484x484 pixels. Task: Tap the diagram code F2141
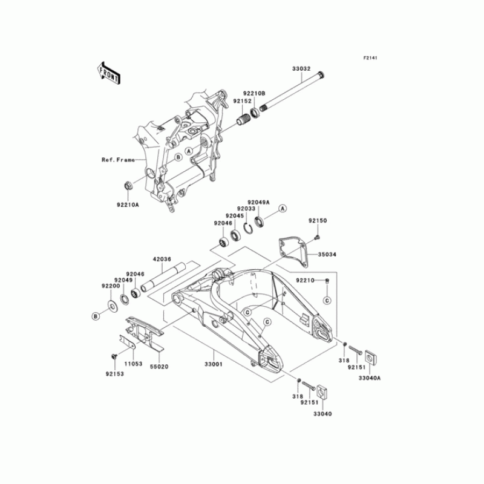370,58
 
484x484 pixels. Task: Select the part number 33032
301,70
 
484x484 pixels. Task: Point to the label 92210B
255,94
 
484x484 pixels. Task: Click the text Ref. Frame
117,160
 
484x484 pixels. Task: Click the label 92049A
258,203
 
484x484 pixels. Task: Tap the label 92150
318,221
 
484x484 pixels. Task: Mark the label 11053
133,365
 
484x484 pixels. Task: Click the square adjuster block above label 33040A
370,354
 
